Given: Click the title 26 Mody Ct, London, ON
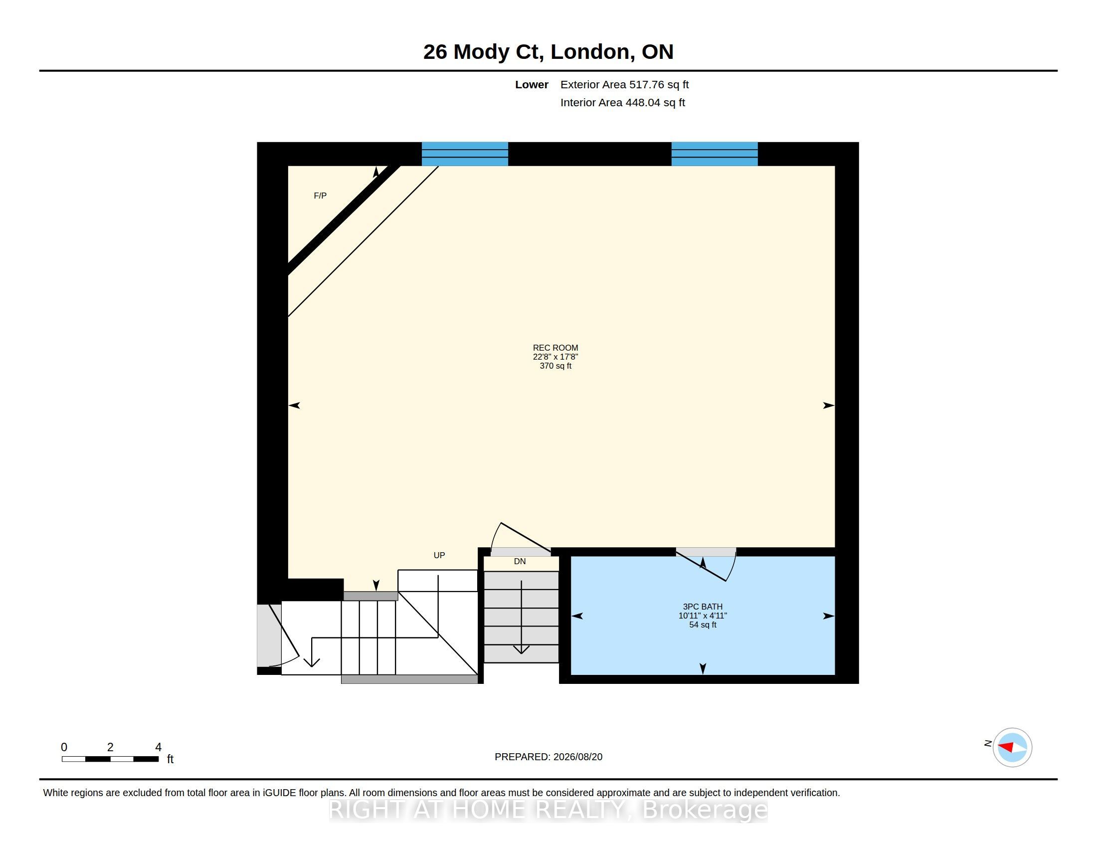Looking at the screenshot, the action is (548, 52).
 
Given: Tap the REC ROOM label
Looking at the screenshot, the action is (555, 348).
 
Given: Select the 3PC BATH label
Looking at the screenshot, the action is (703, 607).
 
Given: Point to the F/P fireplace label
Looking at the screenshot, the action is (320, 196).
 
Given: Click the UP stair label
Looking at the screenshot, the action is (439, 555).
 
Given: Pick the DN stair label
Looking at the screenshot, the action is (520, 561).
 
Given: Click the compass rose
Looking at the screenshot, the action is (1012, 747).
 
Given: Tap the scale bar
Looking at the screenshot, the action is (111, 759).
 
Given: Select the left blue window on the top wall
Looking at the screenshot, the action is (465, 154).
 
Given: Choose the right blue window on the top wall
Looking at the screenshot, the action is (714, 154).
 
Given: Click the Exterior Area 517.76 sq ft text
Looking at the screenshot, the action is (624, 84).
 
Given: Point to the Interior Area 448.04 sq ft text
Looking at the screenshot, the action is (622, 102).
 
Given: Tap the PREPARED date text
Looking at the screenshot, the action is (548, 757).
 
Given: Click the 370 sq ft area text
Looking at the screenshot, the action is (555, 366).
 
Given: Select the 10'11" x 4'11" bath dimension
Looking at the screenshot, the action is (703, 616).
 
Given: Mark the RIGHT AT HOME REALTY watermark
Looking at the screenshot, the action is (548, 809).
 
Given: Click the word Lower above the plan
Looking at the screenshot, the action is (532, 84).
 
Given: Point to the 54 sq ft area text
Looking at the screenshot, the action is (703, 625).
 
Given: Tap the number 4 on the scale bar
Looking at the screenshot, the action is (158, 747).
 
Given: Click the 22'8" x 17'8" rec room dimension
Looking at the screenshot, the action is (555, 357).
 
